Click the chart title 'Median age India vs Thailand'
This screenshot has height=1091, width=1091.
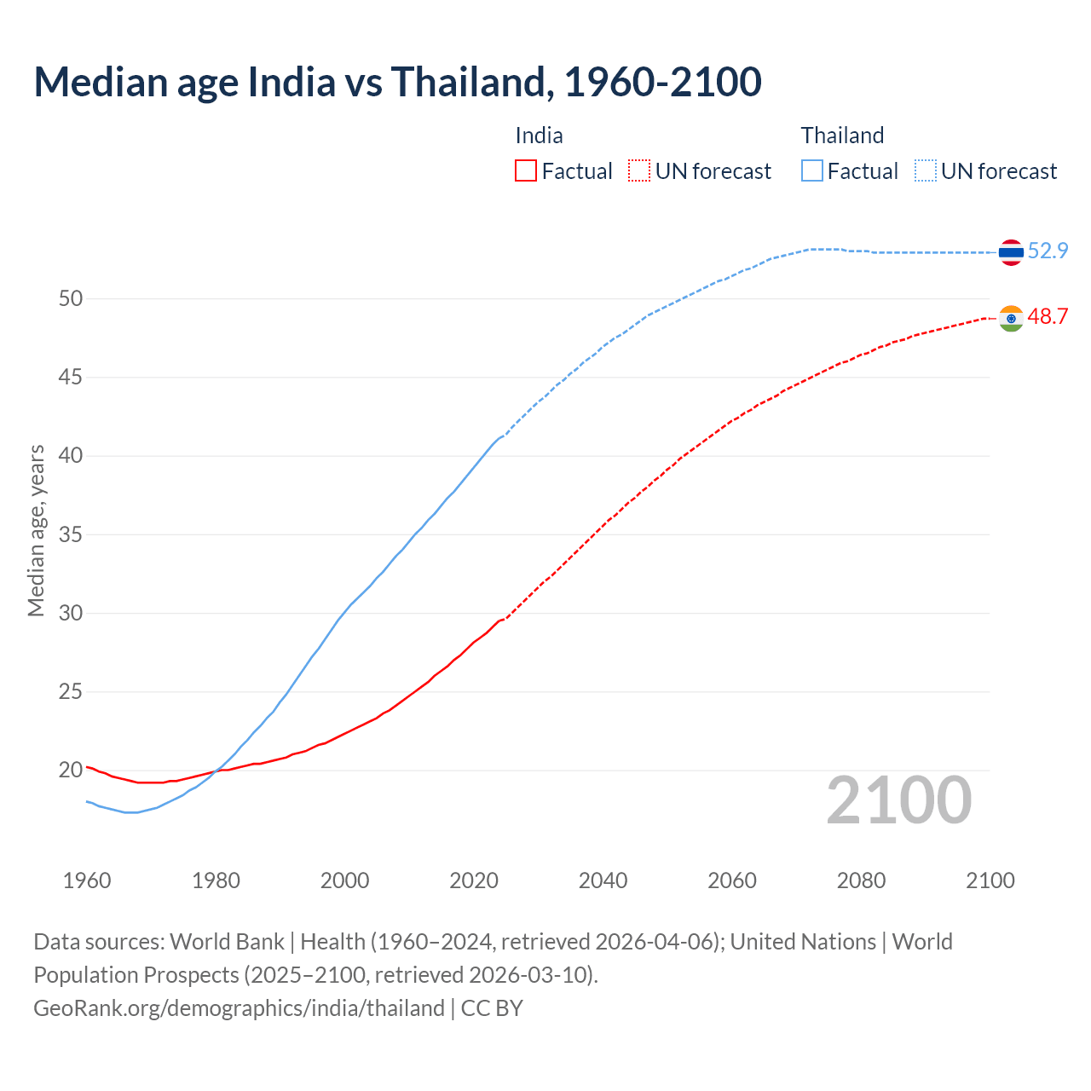pyautogui.click(x=397, y=82)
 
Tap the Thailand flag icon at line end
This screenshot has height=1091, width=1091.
pyautogui.click(x=1011, y=252)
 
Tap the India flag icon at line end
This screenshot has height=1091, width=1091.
pyautogui.click(x=1011, y=318)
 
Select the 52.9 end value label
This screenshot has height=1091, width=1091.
pyautogui.click(x=1048, y=251)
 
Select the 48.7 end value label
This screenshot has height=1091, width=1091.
pyautogui.click(x=1048, y=316)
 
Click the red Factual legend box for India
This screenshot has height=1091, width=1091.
pyautogui.click(x=526, y=171)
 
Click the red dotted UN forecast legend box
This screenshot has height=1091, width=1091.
pyautogui.click(x=639, y=171)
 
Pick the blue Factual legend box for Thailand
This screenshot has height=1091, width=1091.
pyautogui.click(x=812, y=171)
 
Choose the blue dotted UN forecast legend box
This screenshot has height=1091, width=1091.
pyautogui.click(x=926, y=171)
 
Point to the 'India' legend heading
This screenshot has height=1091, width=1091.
pyautogui.click(x=539, y=136)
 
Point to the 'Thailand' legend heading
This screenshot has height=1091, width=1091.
pyautogui.click(x=842, y=136)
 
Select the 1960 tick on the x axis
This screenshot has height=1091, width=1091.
pyautogui.click(x=87, y=880)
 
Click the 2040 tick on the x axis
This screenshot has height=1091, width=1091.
pyautogui.click(x=603, y=880)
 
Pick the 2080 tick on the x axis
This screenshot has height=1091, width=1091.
pyautogui.click(x=861, y=880)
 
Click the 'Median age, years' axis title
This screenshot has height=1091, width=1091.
pyautogui.click(x=36, y=530)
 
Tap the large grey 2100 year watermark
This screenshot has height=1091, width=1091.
pyautogui.click(x=898, y=799)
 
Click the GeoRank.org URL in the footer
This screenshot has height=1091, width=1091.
pyautogui.click(x=239, y=1008)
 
